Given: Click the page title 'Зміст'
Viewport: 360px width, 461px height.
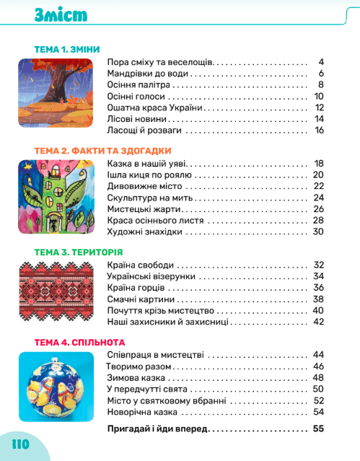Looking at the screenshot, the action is click(x=61, y=16).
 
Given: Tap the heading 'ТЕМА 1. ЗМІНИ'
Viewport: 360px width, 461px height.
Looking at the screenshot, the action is click(x=71, y=50).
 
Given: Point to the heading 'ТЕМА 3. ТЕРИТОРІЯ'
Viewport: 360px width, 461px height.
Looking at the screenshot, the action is click(x=79, y=252).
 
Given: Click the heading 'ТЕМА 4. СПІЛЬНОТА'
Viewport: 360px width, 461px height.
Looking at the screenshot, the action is click(x=79, y=342).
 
